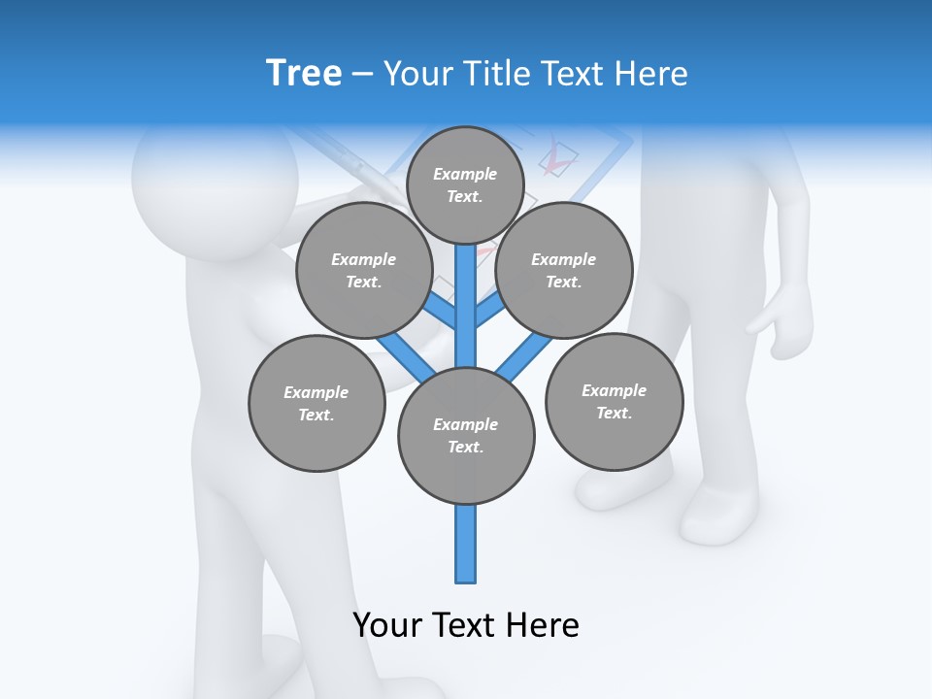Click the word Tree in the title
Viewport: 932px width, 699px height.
[x=304, y=73]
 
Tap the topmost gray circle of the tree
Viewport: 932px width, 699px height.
[x=465, y=184]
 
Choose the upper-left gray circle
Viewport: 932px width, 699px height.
[x=364, y=270]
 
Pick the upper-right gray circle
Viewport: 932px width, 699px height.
[x=564, y=270]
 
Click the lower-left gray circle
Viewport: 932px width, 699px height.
[x=316, y=403]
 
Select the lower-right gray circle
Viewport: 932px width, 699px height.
[x=614, y=401]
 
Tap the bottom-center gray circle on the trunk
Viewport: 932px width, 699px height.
[x=466, y=435]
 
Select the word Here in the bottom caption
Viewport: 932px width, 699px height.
[x=545, y=625]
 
